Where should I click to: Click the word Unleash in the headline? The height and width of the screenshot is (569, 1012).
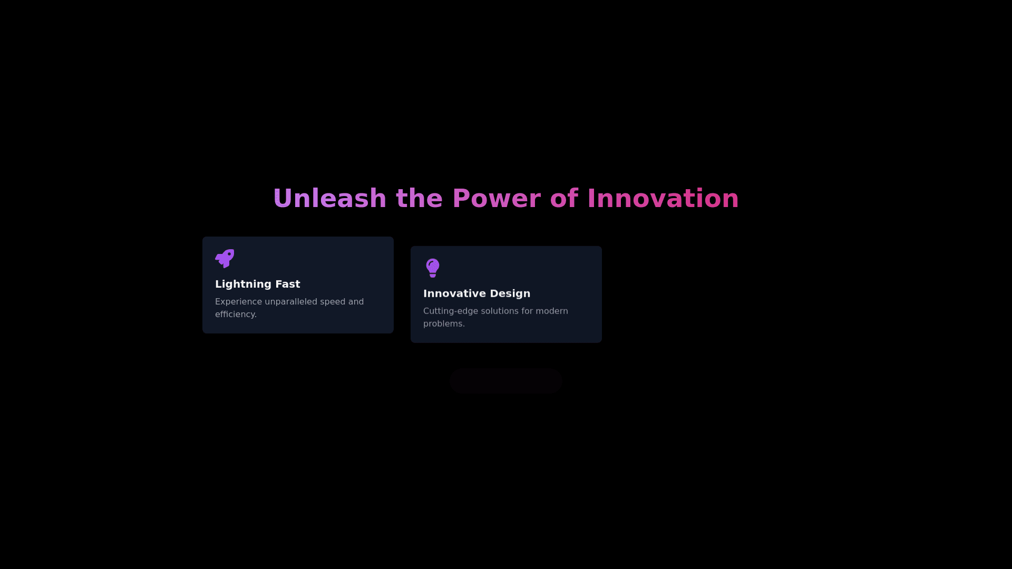coord(330,199)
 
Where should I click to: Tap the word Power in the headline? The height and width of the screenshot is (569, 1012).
coord(497,199)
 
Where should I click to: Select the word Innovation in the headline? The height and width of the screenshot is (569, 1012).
coord(663,199)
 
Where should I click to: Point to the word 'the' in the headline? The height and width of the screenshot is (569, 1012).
coord(419,199)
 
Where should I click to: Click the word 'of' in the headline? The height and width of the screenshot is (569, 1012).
coord(564,199)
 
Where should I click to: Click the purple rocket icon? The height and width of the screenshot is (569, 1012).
coord(225,258)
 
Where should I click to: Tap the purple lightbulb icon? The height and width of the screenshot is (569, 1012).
coord(433,268)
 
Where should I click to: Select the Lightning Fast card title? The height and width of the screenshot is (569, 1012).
coord(258,284)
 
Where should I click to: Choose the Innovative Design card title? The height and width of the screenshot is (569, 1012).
coord(477,293)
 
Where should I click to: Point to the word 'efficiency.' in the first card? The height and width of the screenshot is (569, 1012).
coord(236,315)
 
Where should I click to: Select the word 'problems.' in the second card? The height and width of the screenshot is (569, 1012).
coord(444,324)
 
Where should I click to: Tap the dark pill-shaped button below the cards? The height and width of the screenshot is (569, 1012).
coord(506,381)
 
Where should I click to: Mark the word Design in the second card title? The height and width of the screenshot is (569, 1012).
coord(510,293)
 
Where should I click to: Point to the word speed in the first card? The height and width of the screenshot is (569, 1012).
coord(333,302)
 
